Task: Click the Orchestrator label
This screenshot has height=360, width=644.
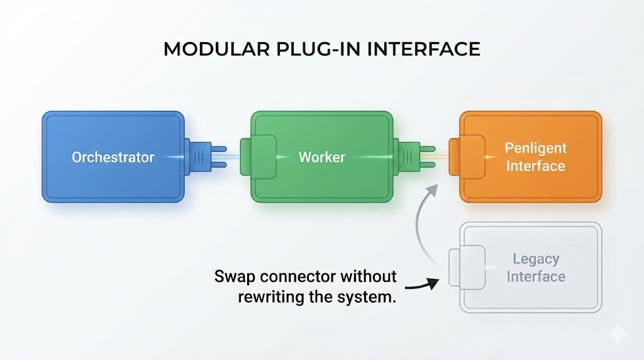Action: [113, 157]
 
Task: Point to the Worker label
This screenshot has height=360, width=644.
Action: [321, 157]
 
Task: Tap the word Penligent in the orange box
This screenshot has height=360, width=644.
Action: [535, 149]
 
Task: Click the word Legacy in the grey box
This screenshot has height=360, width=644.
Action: [536, 259]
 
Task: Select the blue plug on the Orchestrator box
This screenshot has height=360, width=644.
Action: [205, 157]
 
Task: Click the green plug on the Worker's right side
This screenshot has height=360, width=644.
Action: [414, 157]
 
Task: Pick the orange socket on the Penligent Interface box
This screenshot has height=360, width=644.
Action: [467, 157]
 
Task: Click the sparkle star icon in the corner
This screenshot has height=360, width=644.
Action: [618, 334]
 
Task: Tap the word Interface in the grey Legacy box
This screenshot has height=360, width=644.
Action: [536, 276]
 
